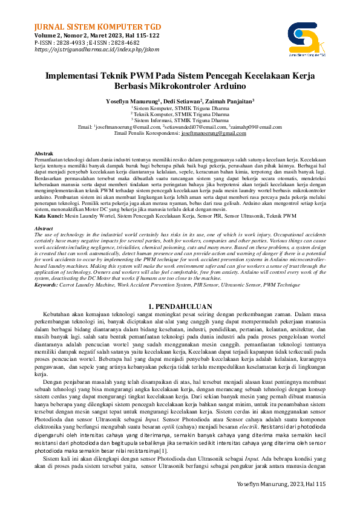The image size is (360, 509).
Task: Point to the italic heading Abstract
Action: [44, 228]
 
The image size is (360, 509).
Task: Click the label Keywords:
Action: [48, 284]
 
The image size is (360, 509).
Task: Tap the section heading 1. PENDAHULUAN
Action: [180, 306]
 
